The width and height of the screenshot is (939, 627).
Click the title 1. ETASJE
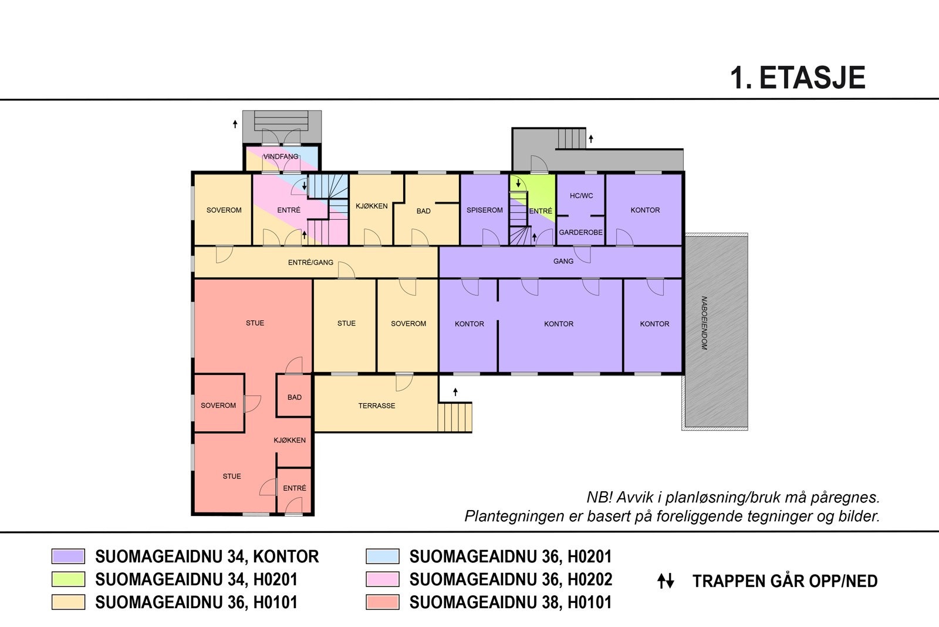click(797, 78)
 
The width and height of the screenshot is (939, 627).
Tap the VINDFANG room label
click(281, 156)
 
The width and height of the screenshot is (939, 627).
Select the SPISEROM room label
click(484, 210)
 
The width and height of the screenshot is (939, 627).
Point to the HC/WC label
click(581, 196)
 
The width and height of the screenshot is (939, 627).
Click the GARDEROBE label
click(580, 232)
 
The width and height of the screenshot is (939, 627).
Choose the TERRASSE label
click(376, 405)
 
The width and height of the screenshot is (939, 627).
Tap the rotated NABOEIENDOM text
click(704, 323)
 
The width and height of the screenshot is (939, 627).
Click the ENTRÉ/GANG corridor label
click(310, 263)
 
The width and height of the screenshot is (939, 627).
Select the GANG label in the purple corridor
click(563, 261)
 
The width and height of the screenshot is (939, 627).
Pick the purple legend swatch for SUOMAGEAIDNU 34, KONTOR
click(68, 556)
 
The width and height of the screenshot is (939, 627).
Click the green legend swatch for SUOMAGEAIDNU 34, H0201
click(68, 579)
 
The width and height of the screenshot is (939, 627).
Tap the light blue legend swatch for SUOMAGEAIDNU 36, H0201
click(382, 556)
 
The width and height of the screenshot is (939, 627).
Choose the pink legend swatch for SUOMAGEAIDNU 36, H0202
click(382, 579)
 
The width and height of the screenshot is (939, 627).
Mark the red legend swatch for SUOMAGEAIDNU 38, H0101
click(382, 602)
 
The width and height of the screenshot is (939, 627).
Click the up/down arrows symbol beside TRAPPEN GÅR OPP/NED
click(666, 581)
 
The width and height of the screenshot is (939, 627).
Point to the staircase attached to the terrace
click(455, 417)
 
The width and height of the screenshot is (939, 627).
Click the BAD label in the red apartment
click(294, 397)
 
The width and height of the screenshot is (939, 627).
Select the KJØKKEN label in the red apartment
click(289, 440)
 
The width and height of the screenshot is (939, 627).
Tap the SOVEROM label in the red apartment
click(218, 405)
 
